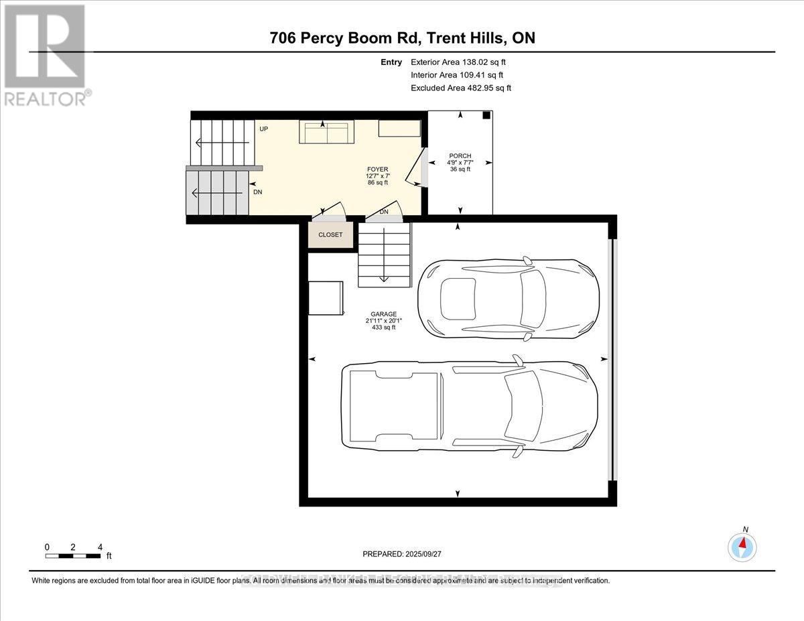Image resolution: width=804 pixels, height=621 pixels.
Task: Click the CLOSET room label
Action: click(x=330, y=234)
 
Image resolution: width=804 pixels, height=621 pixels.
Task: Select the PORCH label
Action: click(x=460, y=156)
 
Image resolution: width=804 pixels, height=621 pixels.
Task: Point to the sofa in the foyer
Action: click(x=327, y=133)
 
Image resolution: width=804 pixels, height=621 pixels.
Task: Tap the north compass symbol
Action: click(x=742, y=546)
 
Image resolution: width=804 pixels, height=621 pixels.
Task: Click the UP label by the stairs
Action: click(x=264, y=129)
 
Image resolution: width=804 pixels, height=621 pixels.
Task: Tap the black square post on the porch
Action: click(x=486, y=115)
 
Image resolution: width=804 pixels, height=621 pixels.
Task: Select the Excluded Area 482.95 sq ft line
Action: click(x=461, y=88)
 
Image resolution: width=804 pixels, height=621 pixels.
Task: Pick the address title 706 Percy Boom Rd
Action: click(x=403, y=38)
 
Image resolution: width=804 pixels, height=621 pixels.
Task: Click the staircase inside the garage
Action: click(x=384, y=255)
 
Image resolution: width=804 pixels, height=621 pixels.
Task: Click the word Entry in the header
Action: click(x=391, y=62)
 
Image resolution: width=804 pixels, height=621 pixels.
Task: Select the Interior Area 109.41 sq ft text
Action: click(x=457, y=75)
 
